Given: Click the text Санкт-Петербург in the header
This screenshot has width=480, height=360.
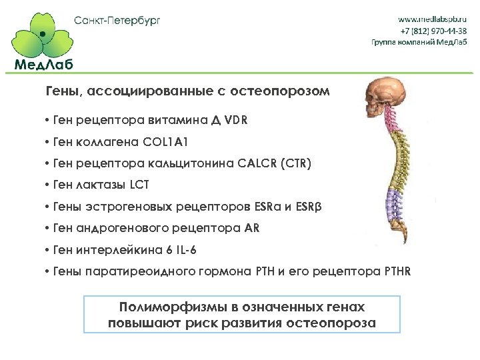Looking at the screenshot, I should tap(117, 20).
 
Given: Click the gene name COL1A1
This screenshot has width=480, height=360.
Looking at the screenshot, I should tap(171, 142).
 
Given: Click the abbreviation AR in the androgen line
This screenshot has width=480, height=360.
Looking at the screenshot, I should tap(252, 228).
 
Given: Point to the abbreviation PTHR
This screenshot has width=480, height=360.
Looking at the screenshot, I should tap(397, 271).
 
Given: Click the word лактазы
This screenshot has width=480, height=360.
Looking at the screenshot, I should tap(99, 185).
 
